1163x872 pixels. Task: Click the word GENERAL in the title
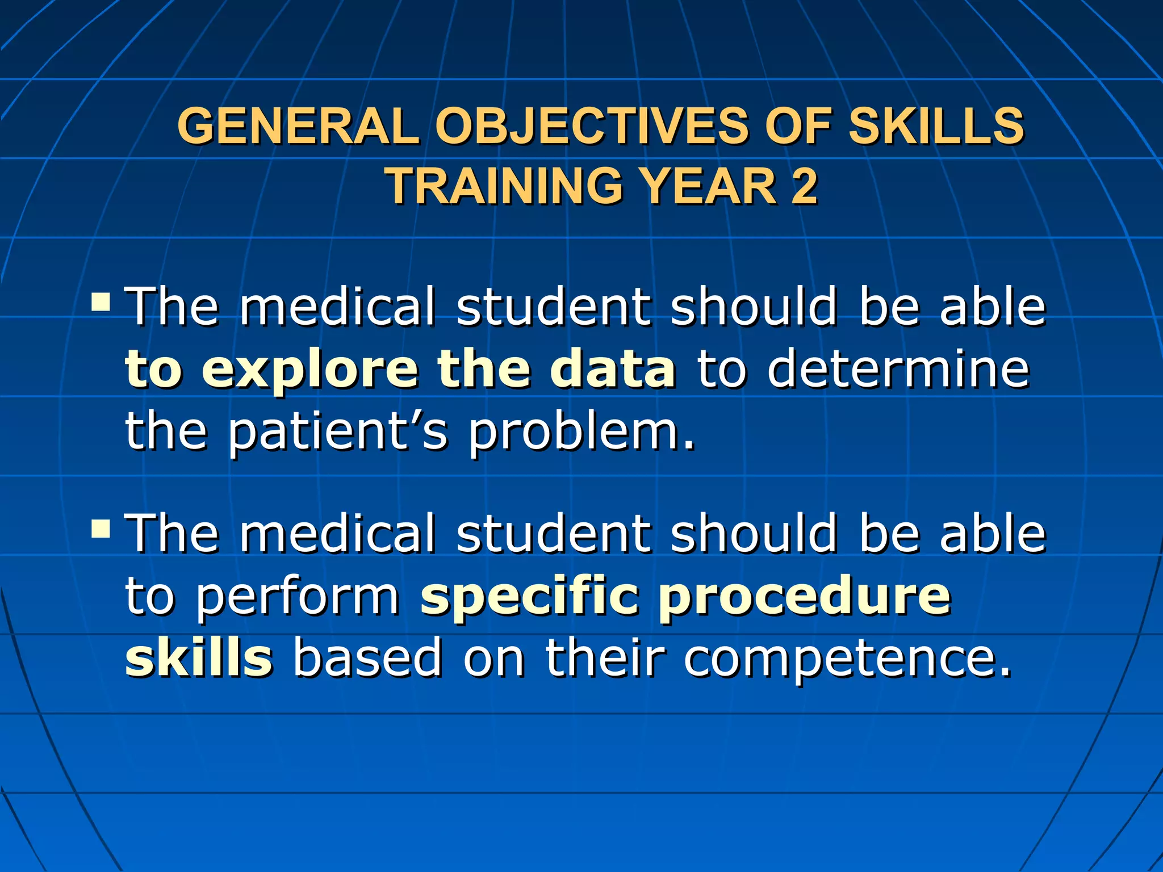[x=299, y=126]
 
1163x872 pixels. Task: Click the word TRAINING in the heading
[x=505, y=186]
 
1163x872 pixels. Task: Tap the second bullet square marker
[x=101, y=529]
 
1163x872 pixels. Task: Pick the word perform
[x=298, y=599]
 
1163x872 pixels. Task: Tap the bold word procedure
[x=804, y=599]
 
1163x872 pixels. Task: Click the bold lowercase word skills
[x=199, y=659]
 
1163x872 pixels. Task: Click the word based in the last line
[x=367, y=659]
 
